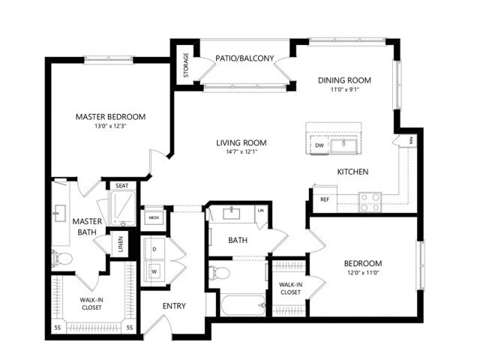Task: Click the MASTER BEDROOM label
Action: click(x=110, y=117)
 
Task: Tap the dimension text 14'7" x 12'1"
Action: click(x=241, y=153)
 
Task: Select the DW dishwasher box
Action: click(x=319, y=145)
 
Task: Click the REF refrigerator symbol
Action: click(x=325, y=199)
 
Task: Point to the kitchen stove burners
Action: click(x=369, y=200)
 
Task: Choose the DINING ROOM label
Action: click(x=344, y=80)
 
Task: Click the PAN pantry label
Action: click(x=411, y=140)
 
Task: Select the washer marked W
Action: click(x=156, y=271)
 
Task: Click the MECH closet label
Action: click(x=153, y=218)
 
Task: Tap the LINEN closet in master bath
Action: click(x=118, y=244)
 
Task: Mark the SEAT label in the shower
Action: click(x=121, y=186)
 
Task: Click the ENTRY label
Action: click(x=174, y=305)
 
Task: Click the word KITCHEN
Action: click(x=352, y=172)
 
